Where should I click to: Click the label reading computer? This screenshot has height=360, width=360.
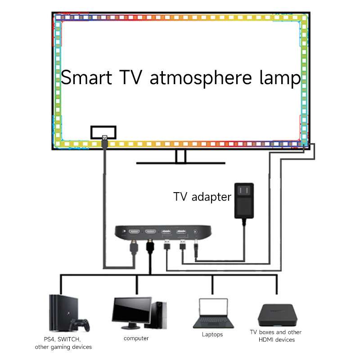(136, 338)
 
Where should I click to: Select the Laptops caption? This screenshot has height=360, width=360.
(212, 334)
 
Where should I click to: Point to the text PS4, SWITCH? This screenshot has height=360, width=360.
(63, 338)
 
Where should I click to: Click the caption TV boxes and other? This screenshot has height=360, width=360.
(275, 332)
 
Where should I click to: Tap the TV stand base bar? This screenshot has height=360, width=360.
(180, 163)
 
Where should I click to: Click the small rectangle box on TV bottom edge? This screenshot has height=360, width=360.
(103, 132)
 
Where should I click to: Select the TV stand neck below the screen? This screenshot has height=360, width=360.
(180, 156)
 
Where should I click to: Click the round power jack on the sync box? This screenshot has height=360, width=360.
(195, 232)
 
